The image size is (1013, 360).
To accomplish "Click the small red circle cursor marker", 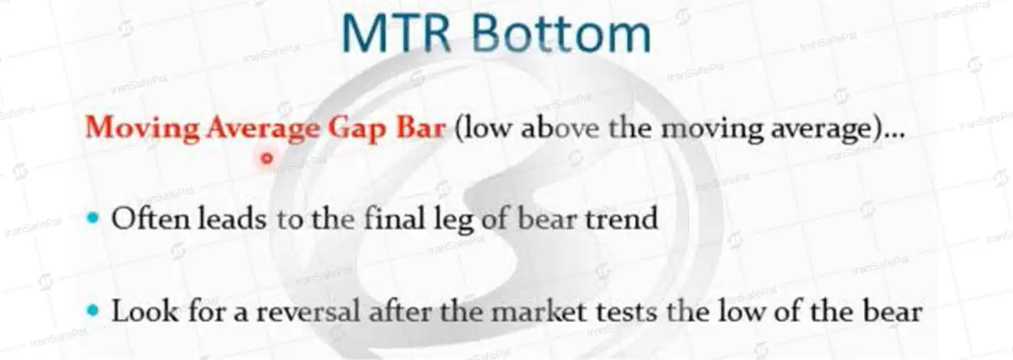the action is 267,158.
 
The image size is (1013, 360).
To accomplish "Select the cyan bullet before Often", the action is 93,218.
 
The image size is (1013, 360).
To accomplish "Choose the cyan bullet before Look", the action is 93,311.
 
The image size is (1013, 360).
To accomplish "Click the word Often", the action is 151,218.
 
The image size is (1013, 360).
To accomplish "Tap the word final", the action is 394,218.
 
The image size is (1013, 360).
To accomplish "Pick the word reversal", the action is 309,311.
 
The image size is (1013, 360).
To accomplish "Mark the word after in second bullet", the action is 400,311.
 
